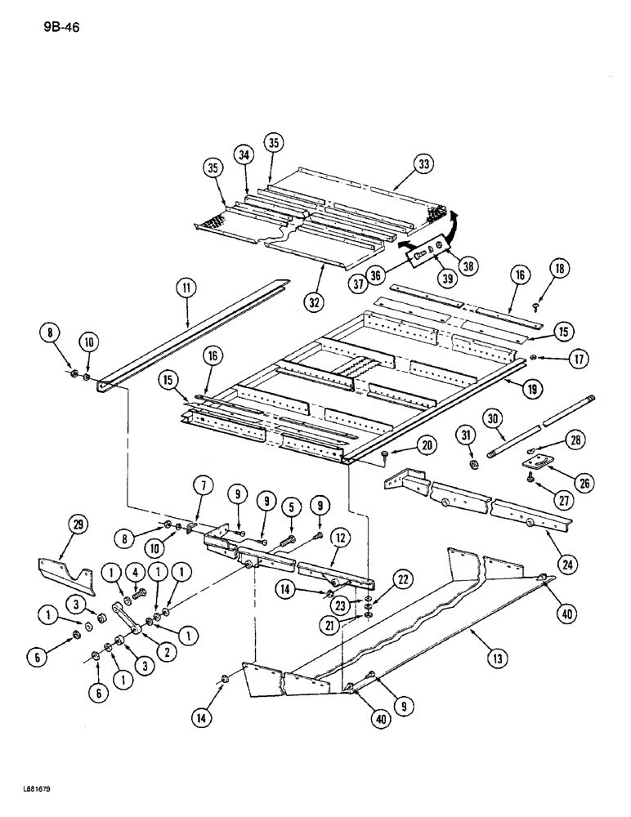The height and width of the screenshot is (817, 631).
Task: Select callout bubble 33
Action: (x=423, y=165)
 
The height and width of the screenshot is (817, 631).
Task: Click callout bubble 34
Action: (x=243, y=154)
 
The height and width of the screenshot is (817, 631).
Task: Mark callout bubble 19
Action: (x=532, y=391)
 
